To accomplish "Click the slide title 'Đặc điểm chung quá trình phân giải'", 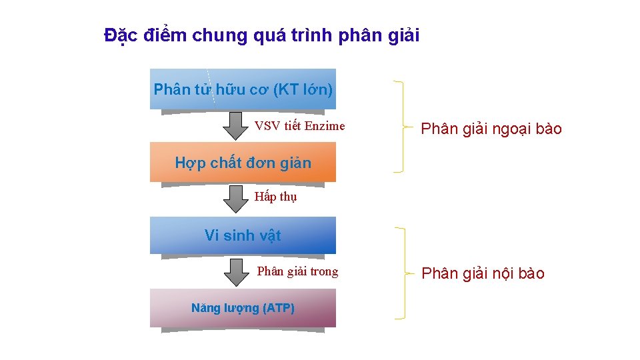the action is (262, 35).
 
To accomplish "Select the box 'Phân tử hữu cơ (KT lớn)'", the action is (243, 89).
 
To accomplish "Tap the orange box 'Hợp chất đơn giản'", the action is (243, 162).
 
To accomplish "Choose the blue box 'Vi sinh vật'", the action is (243, 235).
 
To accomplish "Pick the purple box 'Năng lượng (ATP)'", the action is (243, 308).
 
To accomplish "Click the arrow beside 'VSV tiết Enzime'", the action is (234, 125).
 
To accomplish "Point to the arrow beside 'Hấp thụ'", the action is (234, 198).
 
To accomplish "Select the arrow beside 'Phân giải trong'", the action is (234, 271).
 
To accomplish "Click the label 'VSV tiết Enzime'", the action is (300, 125).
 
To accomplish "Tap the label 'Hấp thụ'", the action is (276, 197).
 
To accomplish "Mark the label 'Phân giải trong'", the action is (297, 271).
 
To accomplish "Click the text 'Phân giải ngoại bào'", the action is (491, 129).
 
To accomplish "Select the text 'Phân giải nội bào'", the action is (483, 273).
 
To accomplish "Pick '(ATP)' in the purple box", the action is (279, 308).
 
